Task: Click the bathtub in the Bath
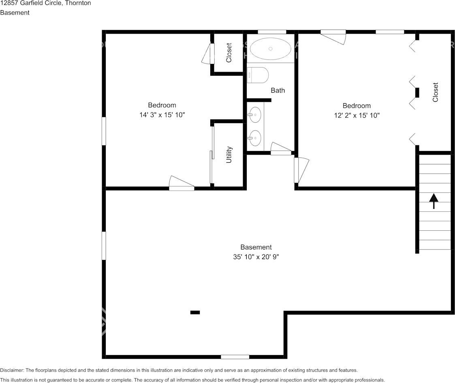pos(270,49)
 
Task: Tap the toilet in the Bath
pos(258,75)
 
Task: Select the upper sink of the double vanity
pos(255,115)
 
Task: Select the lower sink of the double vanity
pos(255,138)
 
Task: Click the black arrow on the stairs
pos(434,201)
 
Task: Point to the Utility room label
pos(229,155)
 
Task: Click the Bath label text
pos(278,90)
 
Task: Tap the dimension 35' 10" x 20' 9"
pos(256,257)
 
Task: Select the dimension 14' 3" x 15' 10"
pos(162,115)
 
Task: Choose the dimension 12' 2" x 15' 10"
pos(357,115)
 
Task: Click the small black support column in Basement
pos(195,312)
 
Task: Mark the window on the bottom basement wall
pos(235,357)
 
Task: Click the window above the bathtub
pos(272,32)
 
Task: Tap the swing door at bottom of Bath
pos(281,149)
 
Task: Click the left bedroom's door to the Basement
pos(182,183)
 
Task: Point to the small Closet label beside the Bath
pos(229,53)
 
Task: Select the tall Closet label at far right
pos(435,92)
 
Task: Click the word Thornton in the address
pos(78,3)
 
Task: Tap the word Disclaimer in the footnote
pos(12,370)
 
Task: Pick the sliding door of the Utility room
pos(212,155)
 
